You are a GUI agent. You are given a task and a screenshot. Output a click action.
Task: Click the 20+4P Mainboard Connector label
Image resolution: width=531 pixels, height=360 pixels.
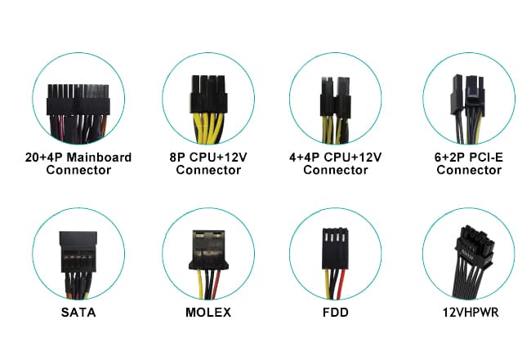(x=78, y=163)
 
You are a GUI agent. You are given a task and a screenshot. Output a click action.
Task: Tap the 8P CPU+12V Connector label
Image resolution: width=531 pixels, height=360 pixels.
(x=208, y=163)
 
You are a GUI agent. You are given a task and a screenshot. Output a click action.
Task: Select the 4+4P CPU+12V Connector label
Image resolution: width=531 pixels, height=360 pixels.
(x=335, y=163)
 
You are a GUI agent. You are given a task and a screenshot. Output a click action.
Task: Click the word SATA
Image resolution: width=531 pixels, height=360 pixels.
(x=78, y=312)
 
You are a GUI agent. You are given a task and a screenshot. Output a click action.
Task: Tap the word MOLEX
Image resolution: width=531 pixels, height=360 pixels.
(x=208, y=312)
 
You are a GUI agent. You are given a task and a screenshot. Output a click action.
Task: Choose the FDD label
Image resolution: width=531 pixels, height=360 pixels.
(x=335, y=312)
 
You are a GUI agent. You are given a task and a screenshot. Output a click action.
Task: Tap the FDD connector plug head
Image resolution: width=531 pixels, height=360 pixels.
(x=335, y=244)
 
